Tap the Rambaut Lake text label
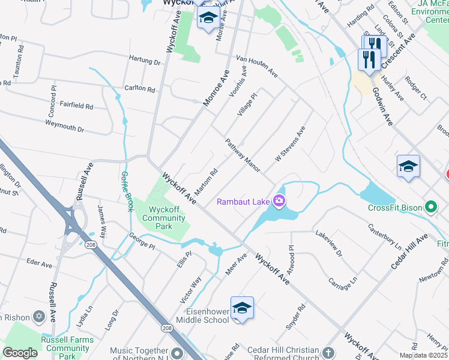(243, 202)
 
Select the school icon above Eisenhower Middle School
(242, 308)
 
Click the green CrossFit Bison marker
(430, 208)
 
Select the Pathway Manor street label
(243, 155)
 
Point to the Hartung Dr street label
(145, 61)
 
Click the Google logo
(20, 353)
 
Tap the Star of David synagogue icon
(40, 316)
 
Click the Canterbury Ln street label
(384, 236)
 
